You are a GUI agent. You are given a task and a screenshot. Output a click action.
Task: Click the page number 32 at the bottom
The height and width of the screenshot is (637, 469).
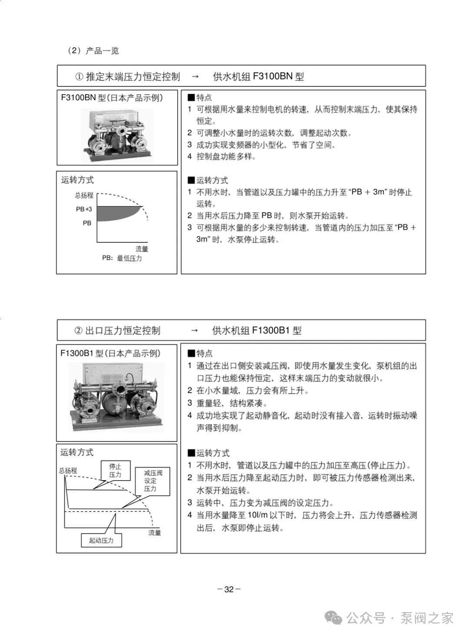pyautogui.click(x=229, y=589)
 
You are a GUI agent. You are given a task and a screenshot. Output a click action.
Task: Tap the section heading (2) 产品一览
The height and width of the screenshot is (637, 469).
pyautogui.click(x=93, y=51)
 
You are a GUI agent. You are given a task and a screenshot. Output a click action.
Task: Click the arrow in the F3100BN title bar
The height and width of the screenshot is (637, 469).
pyautogui.click(x=195, y=76)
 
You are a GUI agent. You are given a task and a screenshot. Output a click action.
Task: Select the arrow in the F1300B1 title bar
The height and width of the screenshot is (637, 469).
pyautogui.click(x=195, y=330)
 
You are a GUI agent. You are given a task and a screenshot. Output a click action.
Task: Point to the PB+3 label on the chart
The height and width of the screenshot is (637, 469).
pyautogui.click(x=84, y=209)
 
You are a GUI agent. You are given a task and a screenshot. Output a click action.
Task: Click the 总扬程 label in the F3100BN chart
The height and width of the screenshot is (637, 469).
pyautogui.click(x=84, y=195)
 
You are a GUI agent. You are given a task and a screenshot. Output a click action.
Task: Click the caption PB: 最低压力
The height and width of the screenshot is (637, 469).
pyautogui.click(x=122, y=258)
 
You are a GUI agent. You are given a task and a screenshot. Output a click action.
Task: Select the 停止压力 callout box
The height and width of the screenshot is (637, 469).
pyautogui.click(x=116, y=471)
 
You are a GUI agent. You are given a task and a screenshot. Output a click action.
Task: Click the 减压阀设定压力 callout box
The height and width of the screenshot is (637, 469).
pyautogui.click(x=152, y=481)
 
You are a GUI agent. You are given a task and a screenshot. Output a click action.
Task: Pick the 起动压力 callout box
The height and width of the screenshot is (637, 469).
pyautogui.click(x=101, y=540)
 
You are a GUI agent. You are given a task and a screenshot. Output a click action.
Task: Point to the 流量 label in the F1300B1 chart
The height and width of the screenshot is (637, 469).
pyautogui.click(x=155, y=533)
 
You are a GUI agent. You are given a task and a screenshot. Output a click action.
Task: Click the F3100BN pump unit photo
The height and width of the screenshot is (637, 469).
pyautogui.click(x=117, y=135)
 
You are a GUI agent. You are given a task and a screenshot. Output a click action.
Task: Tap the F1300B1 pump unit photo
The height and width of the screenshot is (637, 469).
pyautogui.click(x=117, y=397)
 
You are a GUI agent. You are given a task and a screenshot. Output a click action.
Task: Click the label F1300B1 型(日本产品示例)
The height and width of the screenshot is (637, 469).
pyautogui.click(x=111, y=353)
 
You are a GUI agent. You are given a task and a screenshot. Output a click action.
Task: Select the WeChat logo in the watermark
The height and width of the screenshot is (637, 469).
pyautogui.click(x=334, y=617)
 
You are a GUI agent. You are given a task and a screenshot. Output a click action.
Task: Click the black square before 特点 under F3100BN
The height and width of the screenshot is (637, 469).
pyautogui.click(x=191, y=98)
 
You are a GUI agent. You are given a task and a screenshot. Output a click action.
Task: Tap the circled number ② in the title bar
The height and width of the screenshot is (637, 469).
pyautogui.click(x=79, y=330)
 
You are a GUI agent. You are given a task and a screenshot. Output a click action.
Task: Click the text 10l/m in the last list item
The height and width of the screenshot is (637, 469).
pyautogui.click(x=258, y=515)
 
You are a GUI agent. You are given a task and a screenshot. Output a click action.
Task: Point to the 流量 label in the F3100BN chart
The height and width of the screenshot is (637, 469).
pyautogui.click(x=142, y=249)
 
